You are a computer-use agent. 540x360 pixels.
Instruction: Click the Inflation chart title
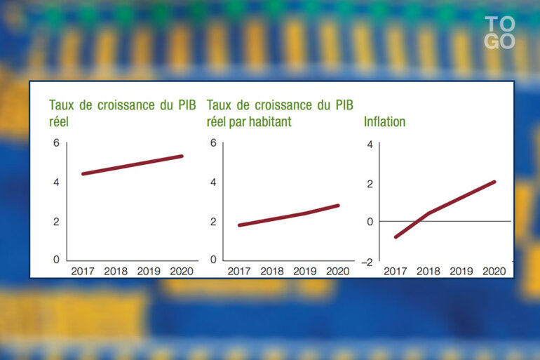pyautogui.click(x=384, y=122)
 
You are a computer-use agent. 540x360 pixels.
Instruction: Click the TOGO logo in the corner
pyautogui.click(x=500, y=32)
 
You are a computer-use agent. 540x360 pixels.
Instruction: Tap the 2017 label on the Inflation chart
pyautogui.click(x=396, y=271)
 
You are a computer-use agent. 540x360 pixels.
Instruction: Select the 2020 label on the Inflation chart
pyautogui.click(x=494, y=271)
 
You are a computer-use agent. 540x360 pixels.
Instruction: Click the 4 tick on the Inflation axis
pyautogui.click(x=370, y=145)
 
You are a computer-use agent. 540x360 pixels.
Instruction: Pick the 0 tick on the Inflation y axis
pyautogui.click(x=370, y=222)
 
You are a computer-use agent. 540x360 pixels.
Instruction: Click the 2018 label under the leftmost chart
pyautogui.click(x=116, y=271)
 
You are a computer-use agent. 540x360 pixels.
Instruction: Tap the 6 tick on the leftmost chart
pyautogui.click(x=57, y=143)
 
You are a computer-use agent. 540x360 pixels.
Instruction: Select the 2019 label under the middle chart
pyautogui.click(x=305, y=271)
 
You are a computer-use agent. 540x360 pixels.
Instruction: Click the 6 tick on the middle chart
pyautogui.click(x=213, y=143)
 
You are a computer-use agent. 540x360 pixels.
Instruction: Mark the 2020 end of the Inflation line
pyautogui.click(x=494, y=182)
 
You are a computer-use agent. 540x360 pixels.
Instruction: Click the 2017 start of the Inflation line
pyautogui.click(x=396, y=237)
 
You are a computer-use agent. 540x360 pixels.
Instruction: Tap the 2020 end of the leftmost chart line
pyautogui.click(x=182, y=156)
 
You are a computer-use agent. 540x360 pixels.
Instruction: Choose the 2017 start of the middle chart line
pyautogui.click(x=239, y=225)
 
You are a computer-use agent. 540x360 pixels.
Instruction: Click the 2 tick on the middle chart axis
pyautogui.click(x=213, y=222)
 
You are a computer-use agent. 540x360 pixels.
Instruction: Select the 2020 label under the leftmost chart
pyautogui.click(x=182, y=271)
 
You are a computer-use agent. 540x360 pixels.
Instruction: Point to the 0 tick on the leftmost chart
pyautogui.click(x=57, y=260)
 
